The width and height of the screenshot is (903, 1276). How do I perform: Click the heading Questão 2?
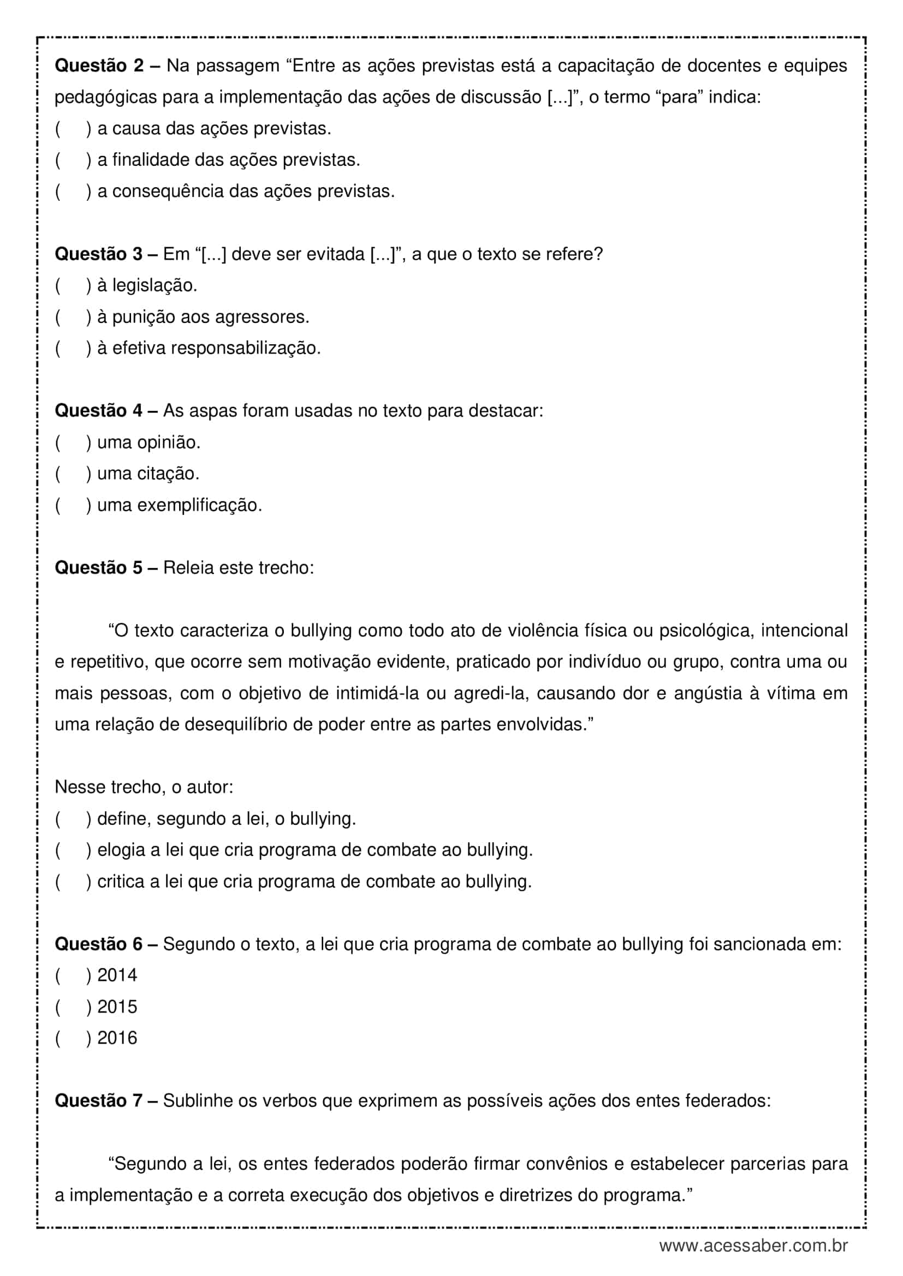(98, 65)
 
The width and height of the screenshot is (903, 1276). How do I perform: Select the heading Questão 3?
(98, 254)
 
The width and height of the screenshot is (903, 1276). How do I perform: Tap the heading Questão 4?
(98, 411)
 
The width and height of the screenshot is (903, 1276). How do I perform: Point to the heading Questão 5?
(98, 567)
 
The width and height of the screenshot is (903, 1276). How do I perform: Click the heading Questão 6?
(98, 944)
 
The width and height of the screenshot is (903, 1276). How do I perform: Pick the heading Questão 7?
(98, 1100)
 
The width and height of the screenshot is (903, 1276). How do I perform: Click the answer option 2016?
(117, 1038)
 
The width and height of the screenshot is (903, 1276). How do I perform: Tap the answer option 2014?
(117, 975)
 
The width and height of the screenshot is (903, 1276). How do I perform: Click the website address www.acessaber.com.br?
(753, 1245)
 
